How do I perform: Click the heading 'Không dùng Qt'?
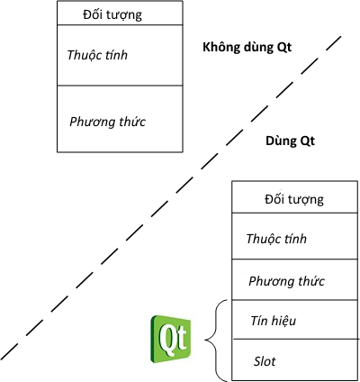point(247,48)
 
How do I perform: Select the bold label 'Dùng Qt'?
point(290,141)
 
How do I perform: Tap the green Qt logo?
point(171,339)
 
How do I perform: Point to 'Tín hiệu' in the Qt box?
point(274,321)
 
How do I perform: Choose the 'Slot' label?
point(265,361)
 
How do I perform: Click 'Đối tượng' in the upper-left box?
point(112,14)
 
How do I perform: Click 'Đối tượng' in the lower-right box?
point(294,199)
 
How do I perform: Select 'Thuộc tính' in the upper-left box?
point(97,55)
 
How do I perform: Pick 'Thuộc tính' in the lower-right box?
point(276,239)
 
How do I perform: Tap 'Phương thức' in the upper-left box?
point(107,122)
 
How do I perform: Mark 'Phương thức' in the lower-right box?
point(286,281)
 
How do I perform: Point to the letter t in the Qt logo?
point(181,337)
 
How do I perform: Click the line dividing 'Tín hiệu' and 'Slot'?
point(295,340)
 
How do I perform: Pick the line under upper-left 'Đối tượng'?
point(120,24)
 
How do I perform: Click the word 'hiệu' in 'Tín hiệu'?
point(283,321)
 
